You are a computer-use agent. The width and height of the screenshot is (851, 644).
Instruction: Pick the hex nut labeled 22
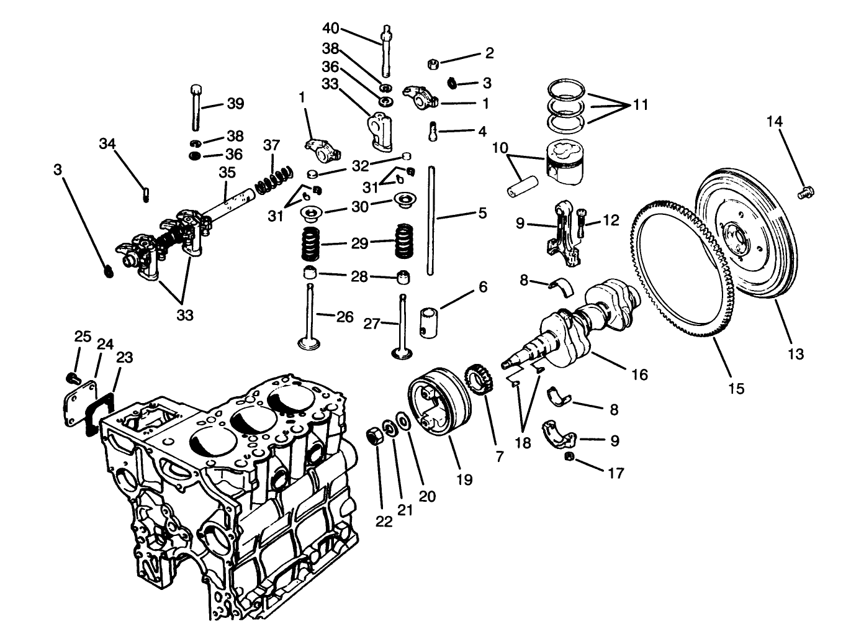tap(376, 435)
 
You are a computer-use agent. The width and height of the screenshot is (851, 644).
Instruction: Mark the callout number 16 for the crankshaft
tap(639, 374)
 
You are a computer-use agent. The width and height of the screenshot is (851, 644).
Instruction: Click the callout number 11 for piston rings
tap(639, 104)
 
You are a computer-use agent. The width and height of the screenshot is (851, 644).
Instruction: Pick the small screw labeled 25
tap(71, 377)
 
